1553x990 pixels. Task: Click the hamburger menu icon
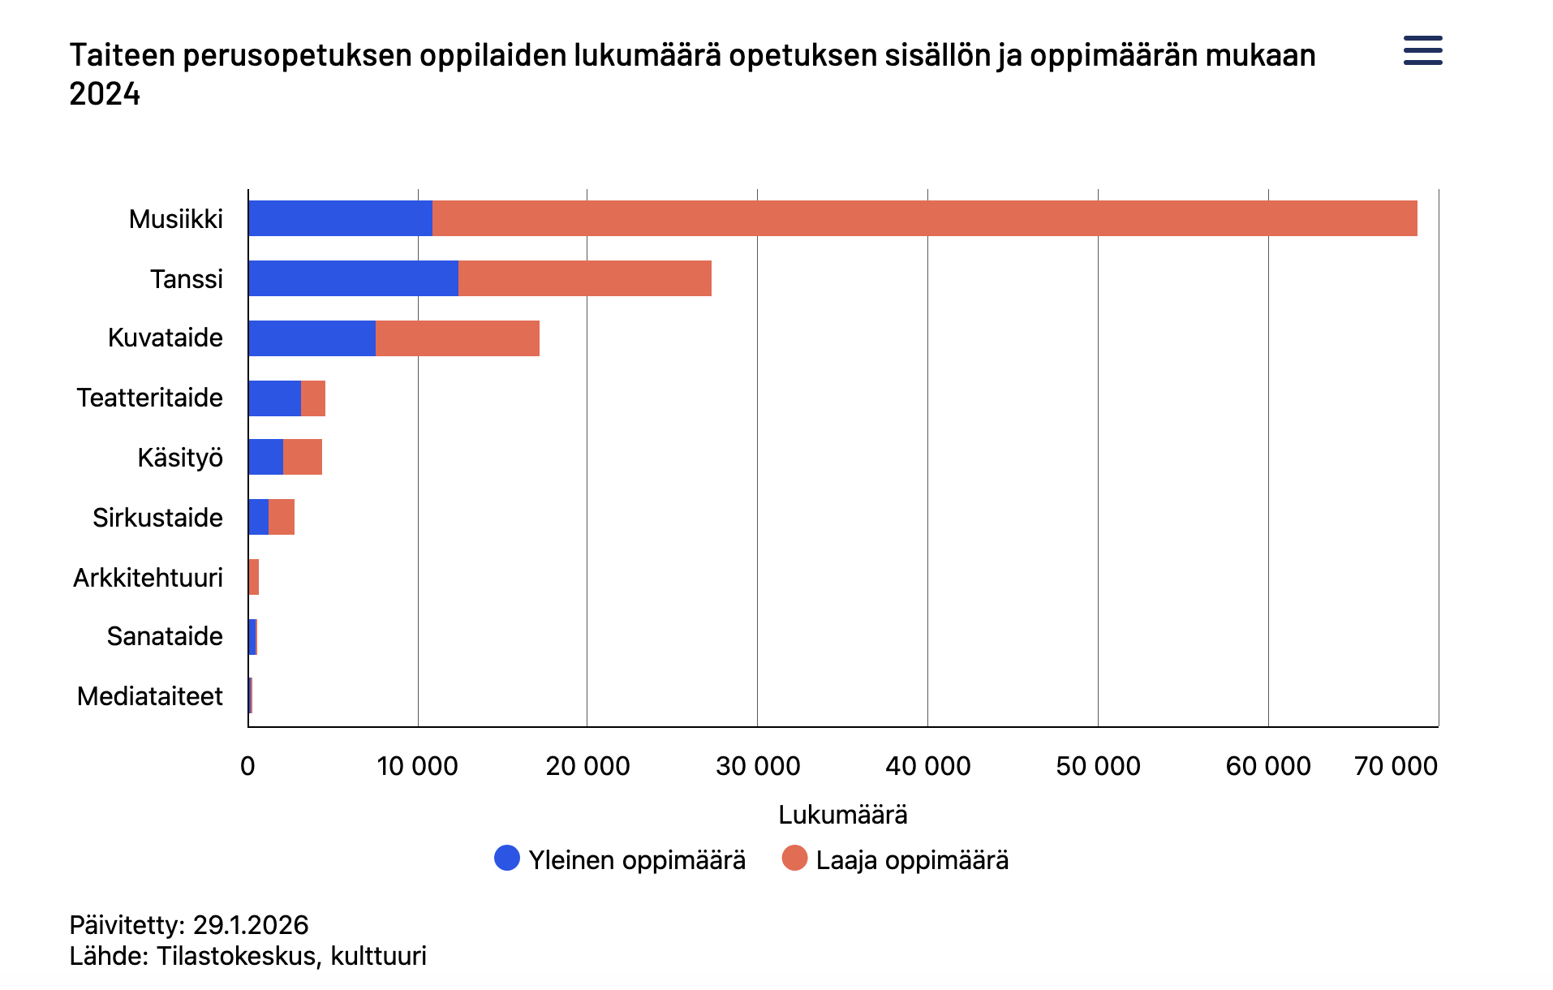point(1422,50)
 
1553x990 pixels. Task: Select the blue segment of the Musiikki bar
point(341,218)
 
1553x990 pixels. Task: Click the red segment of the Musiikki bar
point(925,218)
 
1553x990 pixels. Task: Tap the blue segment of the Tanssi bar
point(354,278)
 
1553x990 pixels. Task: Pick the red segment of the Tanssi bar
point(585,278)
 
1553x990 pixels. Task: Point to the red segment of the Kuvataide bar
point(458,338)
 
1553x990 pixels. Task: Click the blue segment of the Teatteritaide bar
point(275,398)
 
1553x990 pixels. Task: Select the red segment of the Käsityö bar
point(303,457)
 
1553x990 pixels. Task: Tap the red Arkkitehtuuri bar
point(254,577)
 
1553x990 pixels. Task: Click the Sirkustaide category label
point(157,518)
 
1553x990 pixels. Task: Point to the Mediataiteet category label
point(149,696)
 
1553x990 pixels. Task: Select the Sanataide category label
point(165,636)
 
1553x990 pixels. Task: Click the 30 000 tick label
point(758,766)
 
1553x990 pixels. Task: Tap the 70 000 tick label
point(1396,766)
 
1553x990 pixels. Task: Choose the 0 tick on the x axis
point(247,766)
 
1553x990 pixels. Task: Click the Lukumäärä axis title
point(843,815)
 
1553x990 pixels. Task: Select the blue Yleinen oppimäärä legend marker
point(507,858)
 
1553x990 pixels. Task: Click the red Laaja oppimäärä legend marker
point(795,858)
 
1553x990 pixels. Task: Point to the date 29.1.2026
point(251,925)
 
